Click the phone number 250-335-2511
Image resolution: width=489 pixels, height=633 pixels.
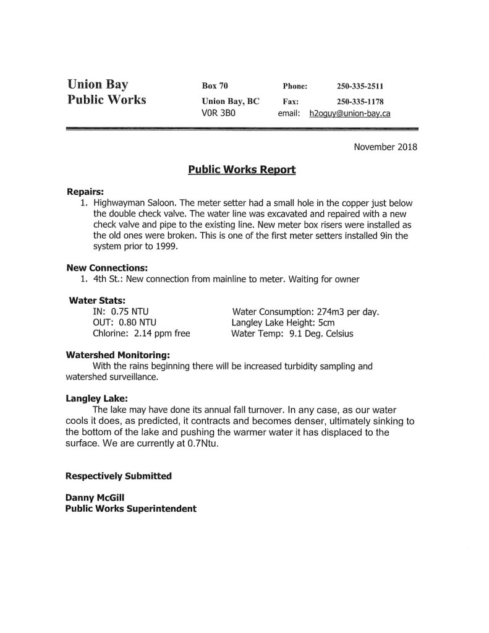tap(360, 86)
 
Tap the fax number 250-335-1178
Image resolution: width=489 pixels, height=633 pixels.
tap(360, 101)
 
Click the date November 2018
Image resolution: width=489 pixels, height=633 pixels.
tap(385, 147)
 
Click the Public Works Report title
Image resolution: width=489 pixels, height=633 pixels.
tap(242, 169)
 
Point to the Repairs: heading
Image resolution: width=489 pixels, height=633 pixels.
tap(85, 191)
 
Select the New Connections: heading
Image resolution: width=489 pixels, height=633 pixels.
tap(107, 268)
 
